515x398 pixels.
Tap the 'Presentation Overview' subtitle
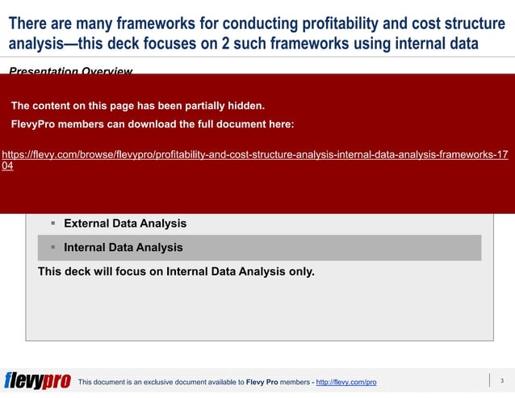[70, 72]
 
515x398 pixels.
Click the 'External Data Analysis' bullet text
[125, 223]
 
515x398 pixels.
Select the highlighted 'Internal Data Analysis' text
[123, 248]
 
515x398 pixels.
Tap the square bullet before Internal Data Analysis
[52, 248]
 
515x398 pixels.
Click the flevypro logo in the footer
[37, 381]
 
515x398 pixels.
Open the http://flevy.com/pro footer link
[345, 382]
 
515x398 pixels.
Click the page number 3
[501, 381]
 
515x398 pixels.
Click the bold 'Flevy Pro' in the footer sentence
[262, 382]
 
